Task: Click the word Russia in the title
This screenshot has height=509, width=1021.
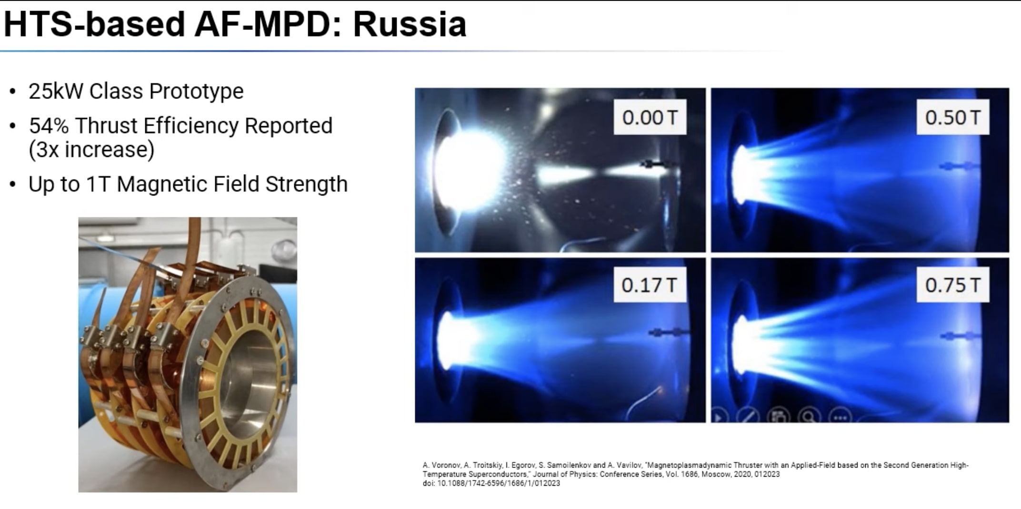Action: pos(410,24)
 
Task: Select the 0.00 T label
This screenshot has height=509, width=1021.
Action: pos(650,117)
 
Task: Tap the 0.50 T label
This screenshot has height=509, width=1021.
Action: pos(952,117)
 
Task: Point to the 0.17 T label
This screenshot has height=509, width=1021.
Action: pos(650,284)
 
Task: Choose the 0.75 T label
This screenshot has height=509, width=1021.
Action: pos(952,284)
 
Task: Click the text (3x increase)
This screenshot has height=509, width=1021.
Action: pos(91,150)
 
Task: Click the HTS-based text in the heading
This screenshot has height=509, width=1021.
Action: pos(94,24)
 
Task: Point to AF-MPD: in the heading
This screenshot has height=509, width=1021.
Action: pos(268,24)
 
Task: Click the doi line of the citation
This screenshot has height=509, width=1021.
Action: pos(491,483)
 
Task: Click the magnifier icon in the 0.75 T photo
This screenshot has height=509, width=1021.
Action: pos(809,417)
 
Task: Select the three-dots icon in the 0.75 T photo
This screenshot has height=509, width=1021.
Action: pos(840,417)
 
